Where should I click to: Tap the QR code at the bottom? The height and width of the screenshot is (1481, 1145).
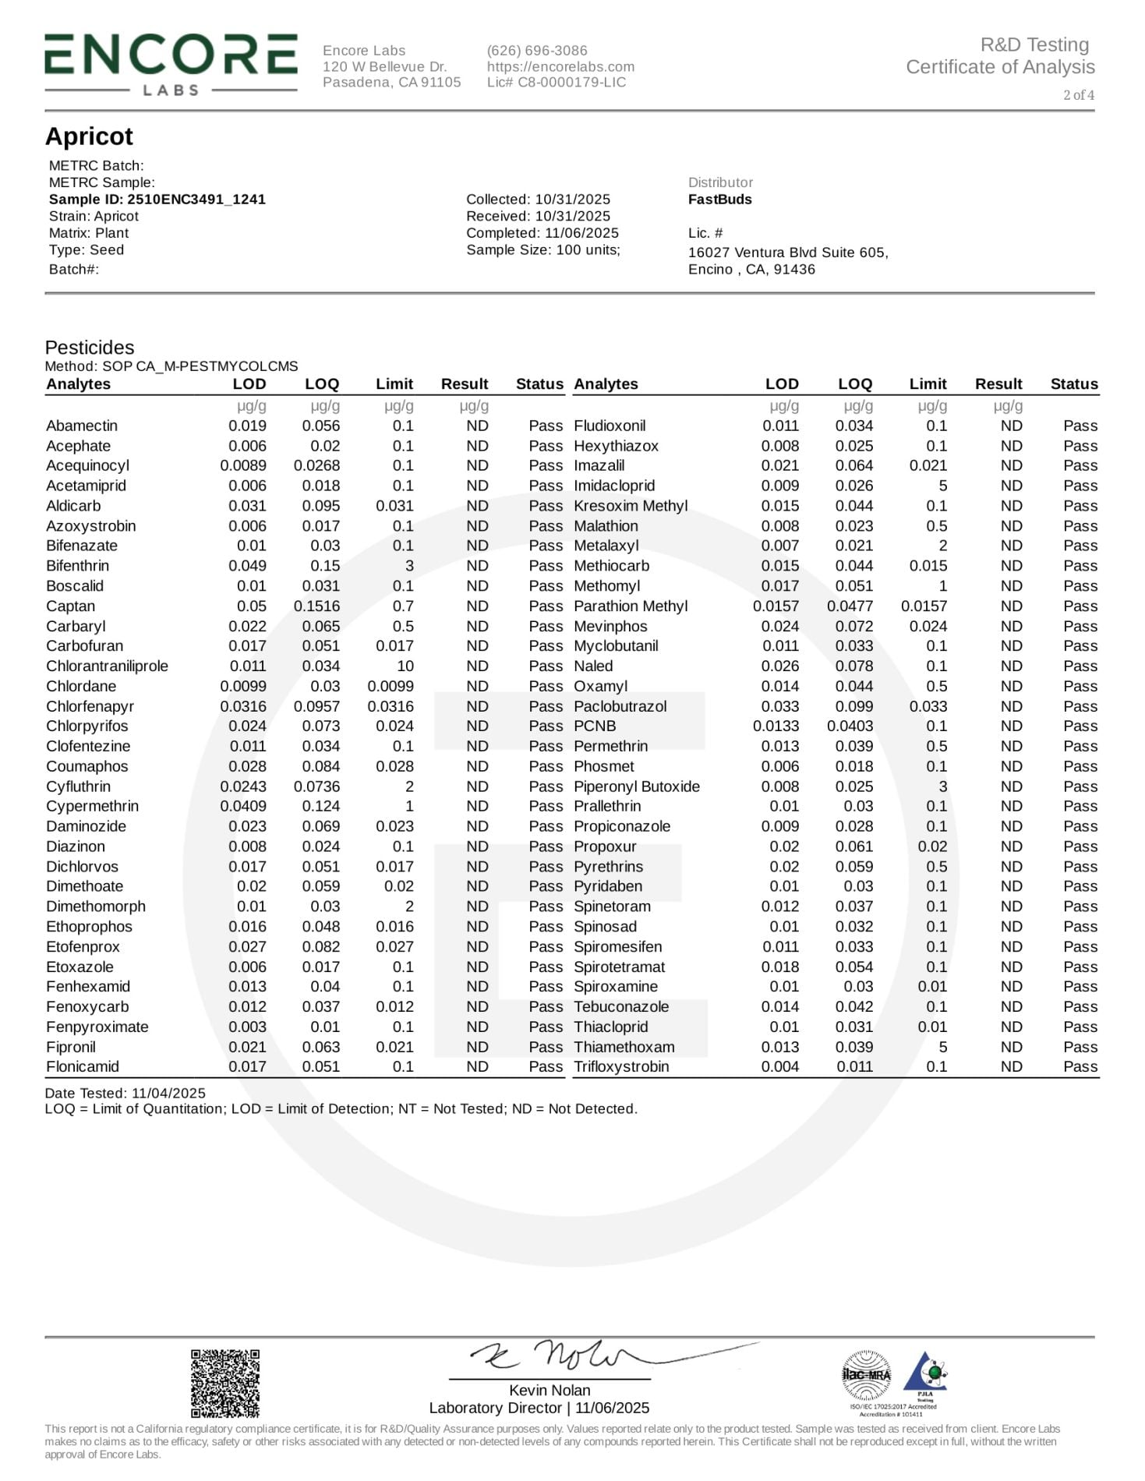(225, 1383)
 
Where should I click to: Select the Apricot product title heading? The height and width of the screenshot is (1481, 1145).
(89, 136)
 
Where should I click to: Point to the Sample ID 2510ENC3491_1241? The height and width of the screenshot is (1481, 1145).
(157, 200)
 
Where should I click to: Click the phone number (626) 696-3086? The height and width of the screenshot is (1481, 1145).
(537, 51)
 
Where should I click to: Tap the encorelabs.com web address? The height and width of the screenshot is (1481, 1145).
(560, 67)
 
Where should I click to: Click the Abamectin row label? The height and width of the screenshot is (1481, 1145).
(82, 426)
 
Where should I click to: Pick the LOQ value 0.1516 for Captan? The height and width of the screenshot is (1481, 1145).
(316, 606)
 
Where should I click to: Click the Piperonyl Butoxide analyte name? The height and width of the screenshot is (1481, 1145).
(636, 786)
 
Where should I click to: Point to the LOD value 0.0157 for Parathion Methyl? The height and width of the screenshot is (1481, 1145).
(776, 606)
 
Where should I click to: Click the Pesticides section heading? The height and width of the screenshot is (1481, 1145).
(89, 348)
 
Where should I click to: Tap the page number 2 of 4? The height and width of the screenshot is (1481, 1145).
(1078, 95)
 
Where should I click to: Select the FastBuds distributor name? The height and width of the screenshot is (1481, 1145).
(719, 200)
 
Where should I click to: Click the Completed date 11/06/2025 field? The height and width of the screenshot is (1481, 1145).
(542, 233)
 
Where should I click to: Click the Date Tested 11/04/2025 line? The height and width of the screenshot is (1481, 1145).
(125, 1093)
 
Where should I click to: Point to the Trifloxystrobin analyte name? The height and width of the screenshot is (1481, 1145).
(621, 1067)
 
